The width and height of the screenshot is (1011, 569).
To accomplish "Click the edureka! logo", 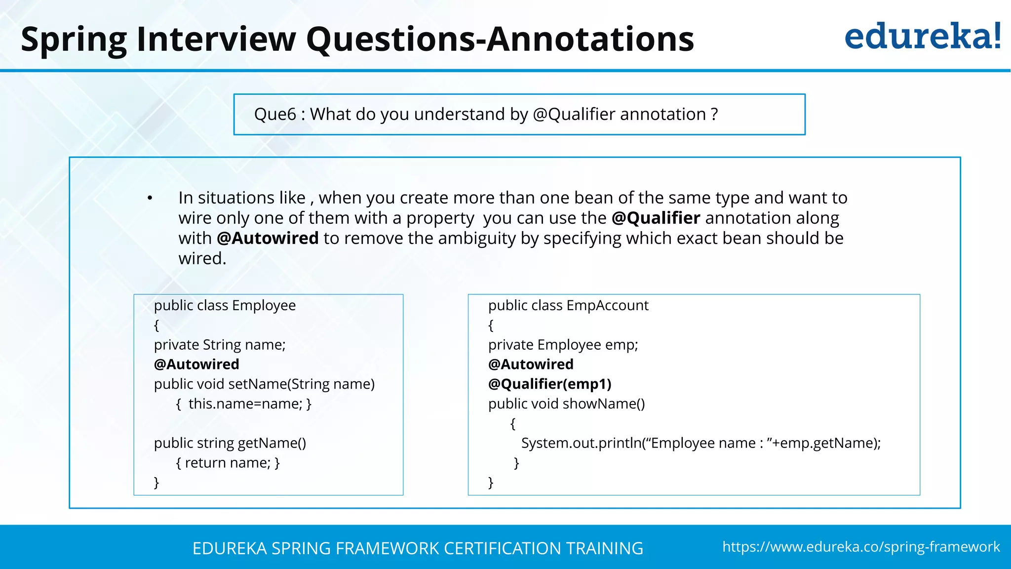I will [922, 37].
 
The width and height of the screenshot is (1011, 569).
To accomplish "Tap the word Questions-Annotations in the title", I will [500, 40].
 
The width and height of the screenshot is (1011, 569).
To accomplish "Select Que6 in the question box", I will [275, 115].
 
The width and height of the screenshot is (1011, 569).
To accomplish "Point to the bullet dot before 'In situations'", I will [150, 199].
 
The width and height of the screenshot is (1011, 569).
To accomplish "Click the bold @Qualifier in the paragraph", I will [656, 218].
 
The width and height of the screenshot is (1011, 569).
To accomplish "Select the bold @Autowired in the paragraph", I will [268, 238].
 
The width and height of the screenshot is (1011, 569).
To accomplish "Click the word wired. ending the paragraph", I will [202, 258].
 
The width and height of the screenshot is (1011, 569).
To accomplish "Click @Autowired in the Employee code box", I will [196, 364].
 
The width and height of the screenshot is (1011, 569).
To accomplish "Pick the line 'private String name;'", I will [220, 344].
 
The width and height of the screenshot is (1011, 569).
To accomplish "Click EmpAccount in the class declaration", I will [607, 305].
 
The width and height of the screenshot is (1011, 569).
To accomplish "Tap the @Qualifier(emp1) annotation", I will [549, 384].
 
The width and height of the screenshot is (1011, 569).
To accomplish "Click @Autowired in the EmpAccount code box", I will [531, 364].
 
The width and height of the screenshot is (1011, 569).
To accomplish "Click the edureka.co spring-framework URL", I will [861, 547].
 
